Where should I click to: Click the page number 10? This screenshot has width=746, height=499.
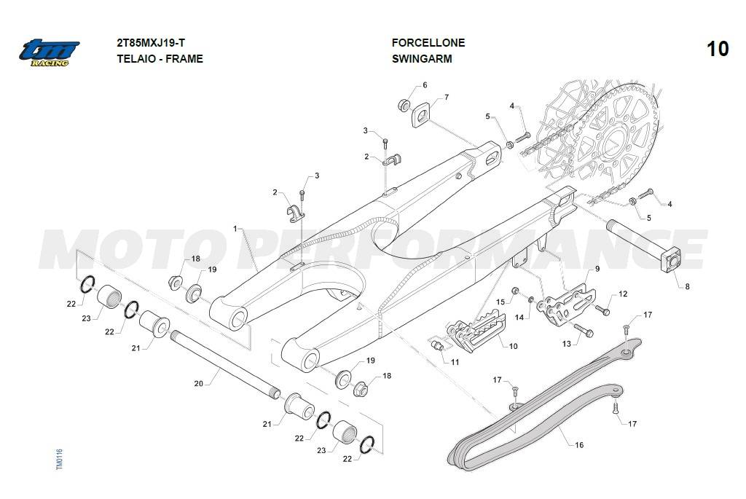pos(718,49)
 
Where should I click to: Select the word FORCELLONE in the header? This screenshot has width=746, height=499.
pos(428,43)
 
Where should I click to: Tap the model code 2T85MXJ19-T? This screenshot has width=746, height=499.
pos(156,43)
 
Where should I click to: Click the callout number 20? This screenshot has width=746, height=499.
pos(198,383)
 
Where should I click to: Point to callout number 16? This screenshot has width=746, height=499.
pos(579,444)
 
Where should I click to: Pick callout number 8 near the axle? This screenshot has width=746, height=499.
pos(686,287)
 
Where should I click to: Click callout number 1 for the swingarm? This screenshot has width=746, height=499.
pos(235,229)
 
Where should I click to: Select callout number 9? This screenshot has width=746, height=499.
pos(597,269)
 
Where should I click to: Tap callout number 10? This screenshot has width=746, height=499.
pos(513,346)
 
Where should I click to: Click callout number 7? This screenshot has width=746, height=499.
pos(446,97)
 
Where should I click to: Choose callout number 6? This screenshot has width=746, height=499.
pos(425,85)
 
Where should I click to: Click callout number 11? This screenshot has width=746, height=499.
pos(455,362)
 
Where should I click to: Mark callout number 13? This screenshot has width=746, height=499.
pos(567,343)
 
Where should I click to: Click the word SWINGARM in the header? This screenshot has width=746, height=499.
pos(421,59)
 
